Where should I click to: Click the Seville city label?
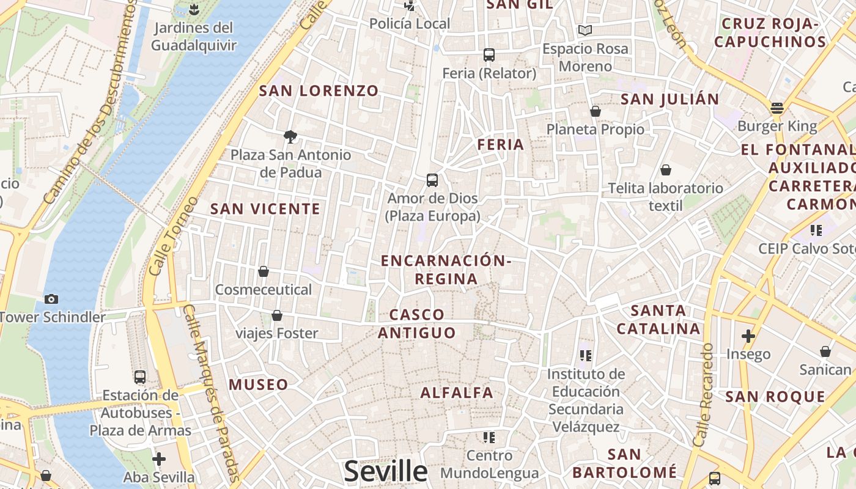386,471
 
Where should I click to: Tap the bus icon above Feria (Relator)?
489,55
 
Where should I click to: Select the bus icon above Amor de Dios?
432,180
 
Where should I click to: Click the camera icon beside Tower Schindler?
51,299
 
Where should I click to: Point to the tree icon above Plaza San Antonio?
290,136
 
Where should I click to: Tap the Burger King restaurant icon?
777,108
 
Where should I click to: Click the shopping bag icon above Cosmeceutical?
264,271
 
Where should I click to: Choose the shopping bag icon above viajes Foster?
277,315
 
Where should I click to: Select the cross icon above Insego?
748,336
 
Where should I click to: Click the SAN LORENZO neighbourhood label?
319,91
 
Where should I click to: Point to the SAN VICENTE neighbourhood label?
265,209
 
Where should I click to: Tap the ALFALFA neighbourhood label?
457,392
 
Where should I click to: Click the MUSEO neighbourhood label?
258,384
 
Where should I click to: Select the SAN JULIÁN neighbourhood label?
670,99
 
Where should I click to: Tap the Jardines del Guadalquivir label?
194,36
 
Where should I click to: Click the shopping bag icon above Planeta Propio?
596,111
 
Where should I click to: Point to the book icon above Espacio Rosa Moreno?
585,30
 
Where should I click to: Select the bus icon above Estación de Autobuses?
140,377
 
